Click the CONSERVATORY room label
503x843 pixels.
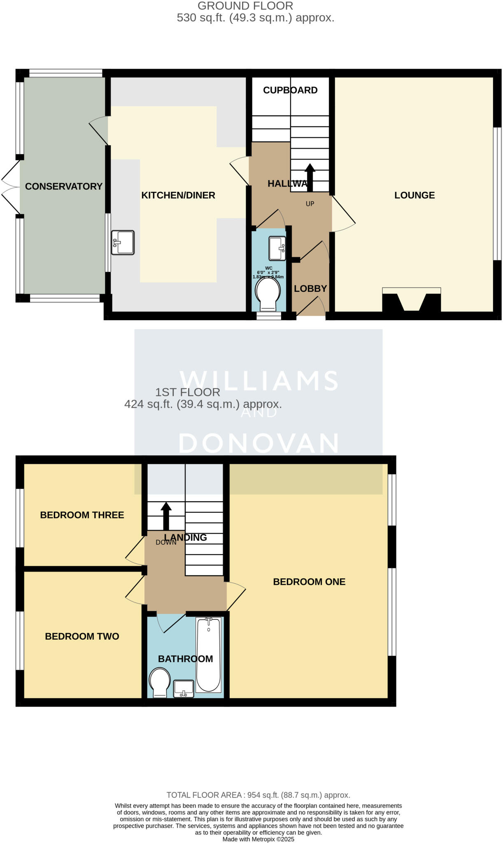(63, 186)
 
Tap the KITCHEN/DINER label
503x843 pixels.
(178, 195)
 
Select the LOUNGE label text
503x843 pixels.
(415, 195)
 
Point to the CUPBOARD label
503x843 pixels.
(290, 90)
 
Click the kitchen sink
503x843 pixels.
(123, 242)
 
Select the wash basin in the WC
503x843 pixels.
(277, 248)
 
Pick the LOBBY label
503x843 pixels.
(310, 289)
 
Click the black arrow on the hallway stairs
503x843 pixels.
(310, 177)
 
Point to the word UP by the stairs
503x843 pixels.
(310, 204)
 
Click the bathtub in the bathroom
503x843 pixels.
(209, 654)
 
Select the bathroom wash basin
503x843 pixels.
(184, 689)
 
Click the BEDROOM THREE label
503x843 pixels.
(82, 515)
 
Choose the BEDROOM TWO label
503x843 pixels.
(82, 636)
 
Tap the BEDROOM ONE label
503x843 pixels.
(309, 582)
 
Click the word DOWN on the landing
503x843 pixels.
(166, 543)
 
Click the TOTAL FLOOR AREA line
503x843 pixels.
(258, 795)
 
